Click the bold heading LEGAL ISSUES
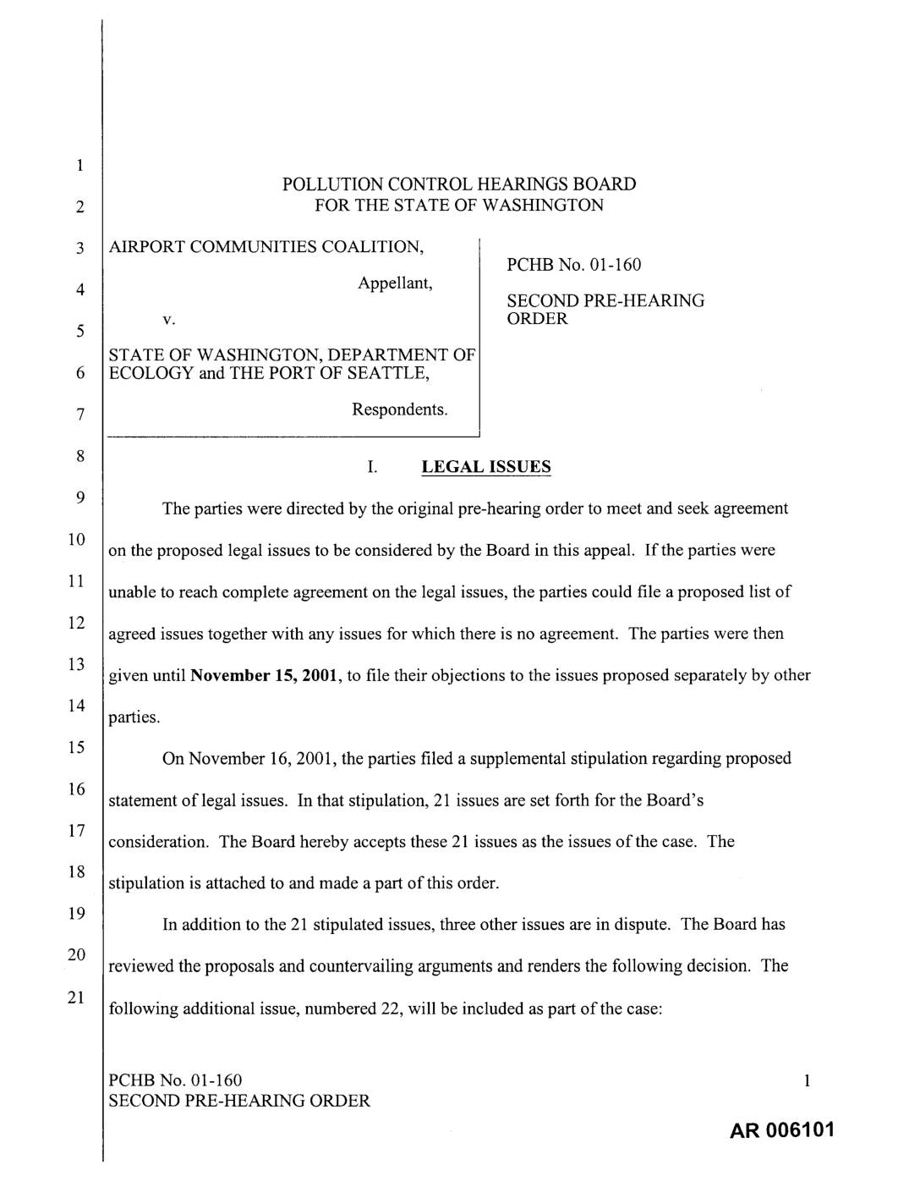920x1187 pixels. coord(485,467)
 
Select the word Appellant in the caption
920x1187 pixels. coord(395,283)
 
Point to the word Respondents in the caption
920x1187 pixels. coord(399,409)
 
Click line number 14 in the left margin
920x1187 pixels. coord(76,706)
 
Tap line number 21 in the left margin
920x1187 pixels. coord(76,997)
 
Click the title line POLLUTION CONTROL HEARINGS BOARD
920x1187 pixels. coord(458,184)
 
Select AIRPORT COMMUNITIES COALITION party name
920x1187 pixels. coord(266,247)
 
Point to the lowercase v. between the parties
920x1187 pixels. coord(168,320)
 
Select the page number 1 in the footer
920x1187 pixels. coord(808,1080)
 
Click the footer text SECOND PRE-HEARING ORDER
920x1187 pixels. coord(240,1101)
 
